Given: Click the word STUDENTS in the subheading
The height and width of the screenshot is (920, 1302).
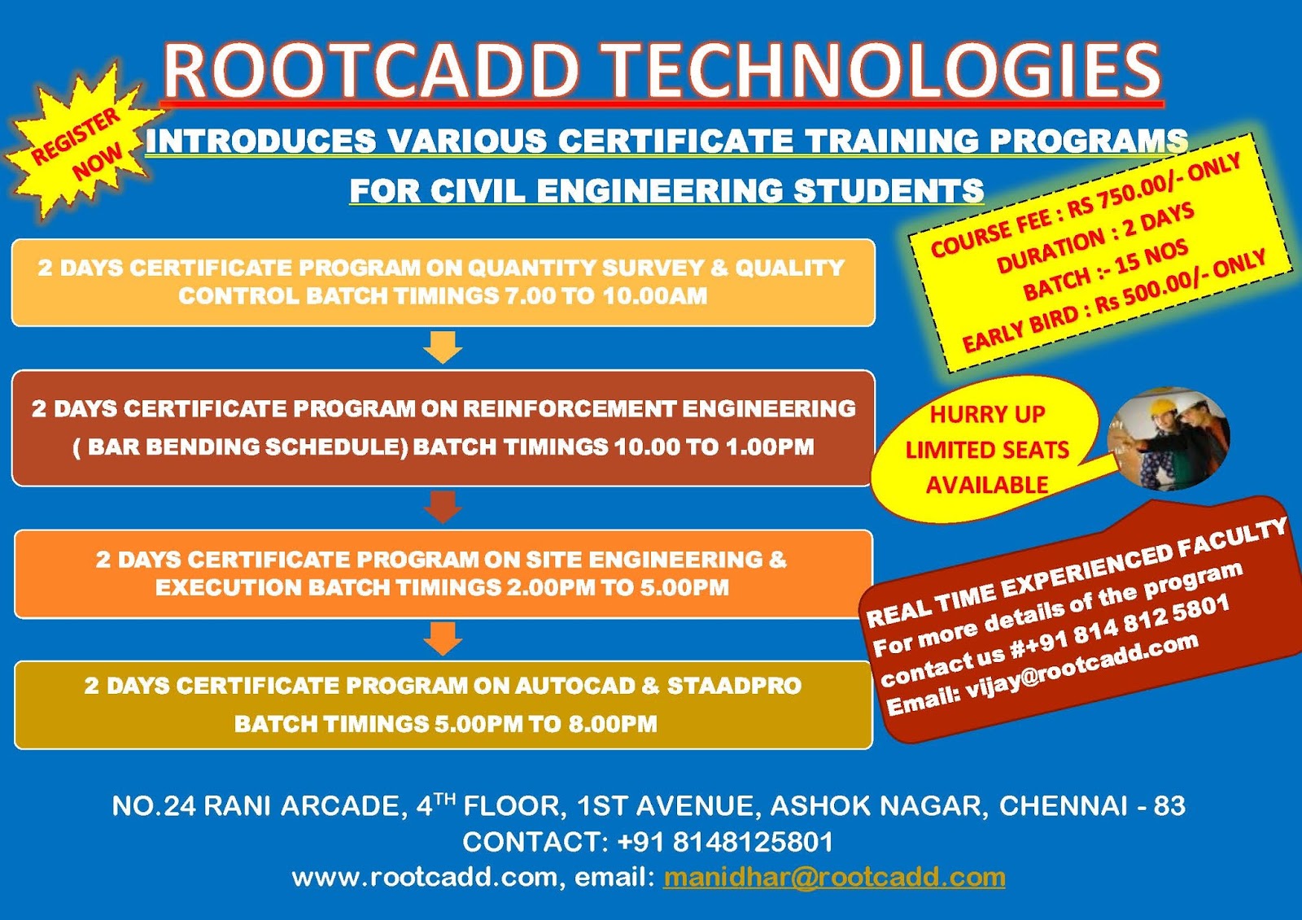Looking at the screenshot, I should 889,191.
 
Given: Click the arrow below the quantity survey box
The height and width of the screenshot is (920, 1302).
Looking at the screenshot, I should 443,347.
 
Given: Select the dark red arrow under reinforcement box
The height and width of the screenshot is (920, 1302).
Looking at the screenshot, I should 443,506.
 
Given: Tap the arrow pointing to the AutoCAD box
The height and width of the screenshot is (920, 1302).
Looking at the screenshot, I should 443,639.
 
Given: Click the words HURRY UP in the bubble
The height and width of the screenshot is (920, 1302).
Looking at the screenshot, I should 987,414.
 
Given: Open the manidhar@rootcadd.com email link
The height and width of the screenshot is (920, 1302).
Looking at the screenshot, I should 834,877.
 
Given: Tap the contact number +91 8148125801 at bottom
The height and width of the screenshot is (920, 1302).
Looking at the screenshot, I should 725,842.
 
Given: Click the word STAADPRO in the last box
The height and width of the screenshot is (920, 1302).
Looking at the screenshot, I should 734,686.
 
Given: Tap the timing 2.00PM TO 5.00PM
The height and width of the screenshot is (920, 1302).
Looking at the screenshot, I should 618,587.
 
